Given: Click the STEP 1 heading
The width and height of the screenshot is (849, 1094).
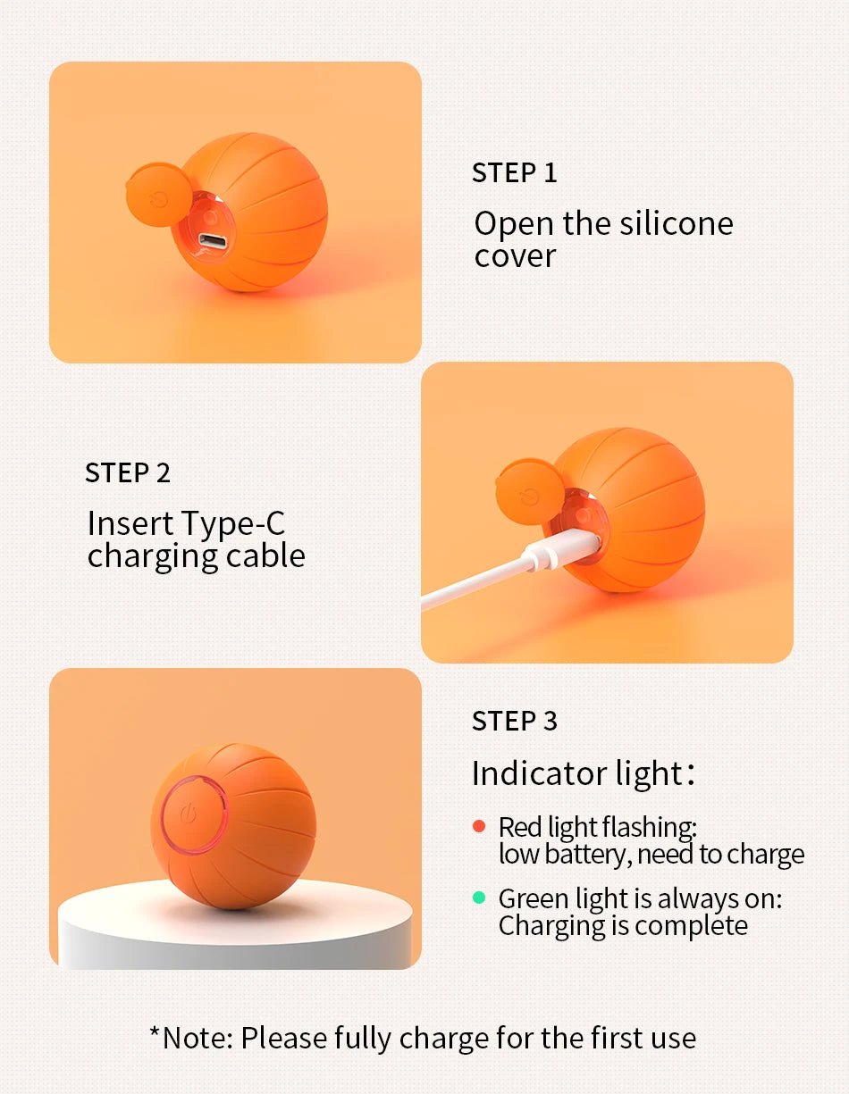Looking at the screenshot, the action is (x=514, y=172).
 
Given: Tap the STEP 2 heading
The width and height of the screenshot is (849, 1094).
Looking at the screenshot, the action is (x=128, y=472).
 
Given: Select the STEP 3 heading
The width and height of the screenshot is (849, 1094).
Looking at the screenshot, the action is (x=514, y=721).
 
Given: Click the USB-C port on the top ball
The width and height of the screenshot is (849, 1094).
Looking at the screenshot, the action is (x=213, y=240).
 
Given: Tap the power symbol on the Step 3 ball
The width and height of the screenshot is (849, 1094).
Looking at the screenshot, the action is (x=188, y=814).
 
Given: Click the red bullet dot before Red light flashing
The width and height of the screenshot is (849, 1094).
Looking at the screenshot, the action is (x=479, y=826).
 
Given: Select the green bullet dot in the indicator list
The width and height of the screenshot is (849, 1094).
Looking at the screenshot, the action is (x=479, y=898).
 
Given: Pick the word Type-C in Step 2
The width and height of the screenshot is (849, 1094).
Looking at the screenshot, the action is (x=233, y=523).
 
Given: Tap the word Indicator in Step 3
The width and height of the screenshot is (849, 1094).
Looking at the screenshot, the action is (x=539, y=773).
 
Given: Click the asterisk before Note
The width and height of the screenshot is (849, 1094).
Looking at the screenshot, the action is (x=156, y=1032).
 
